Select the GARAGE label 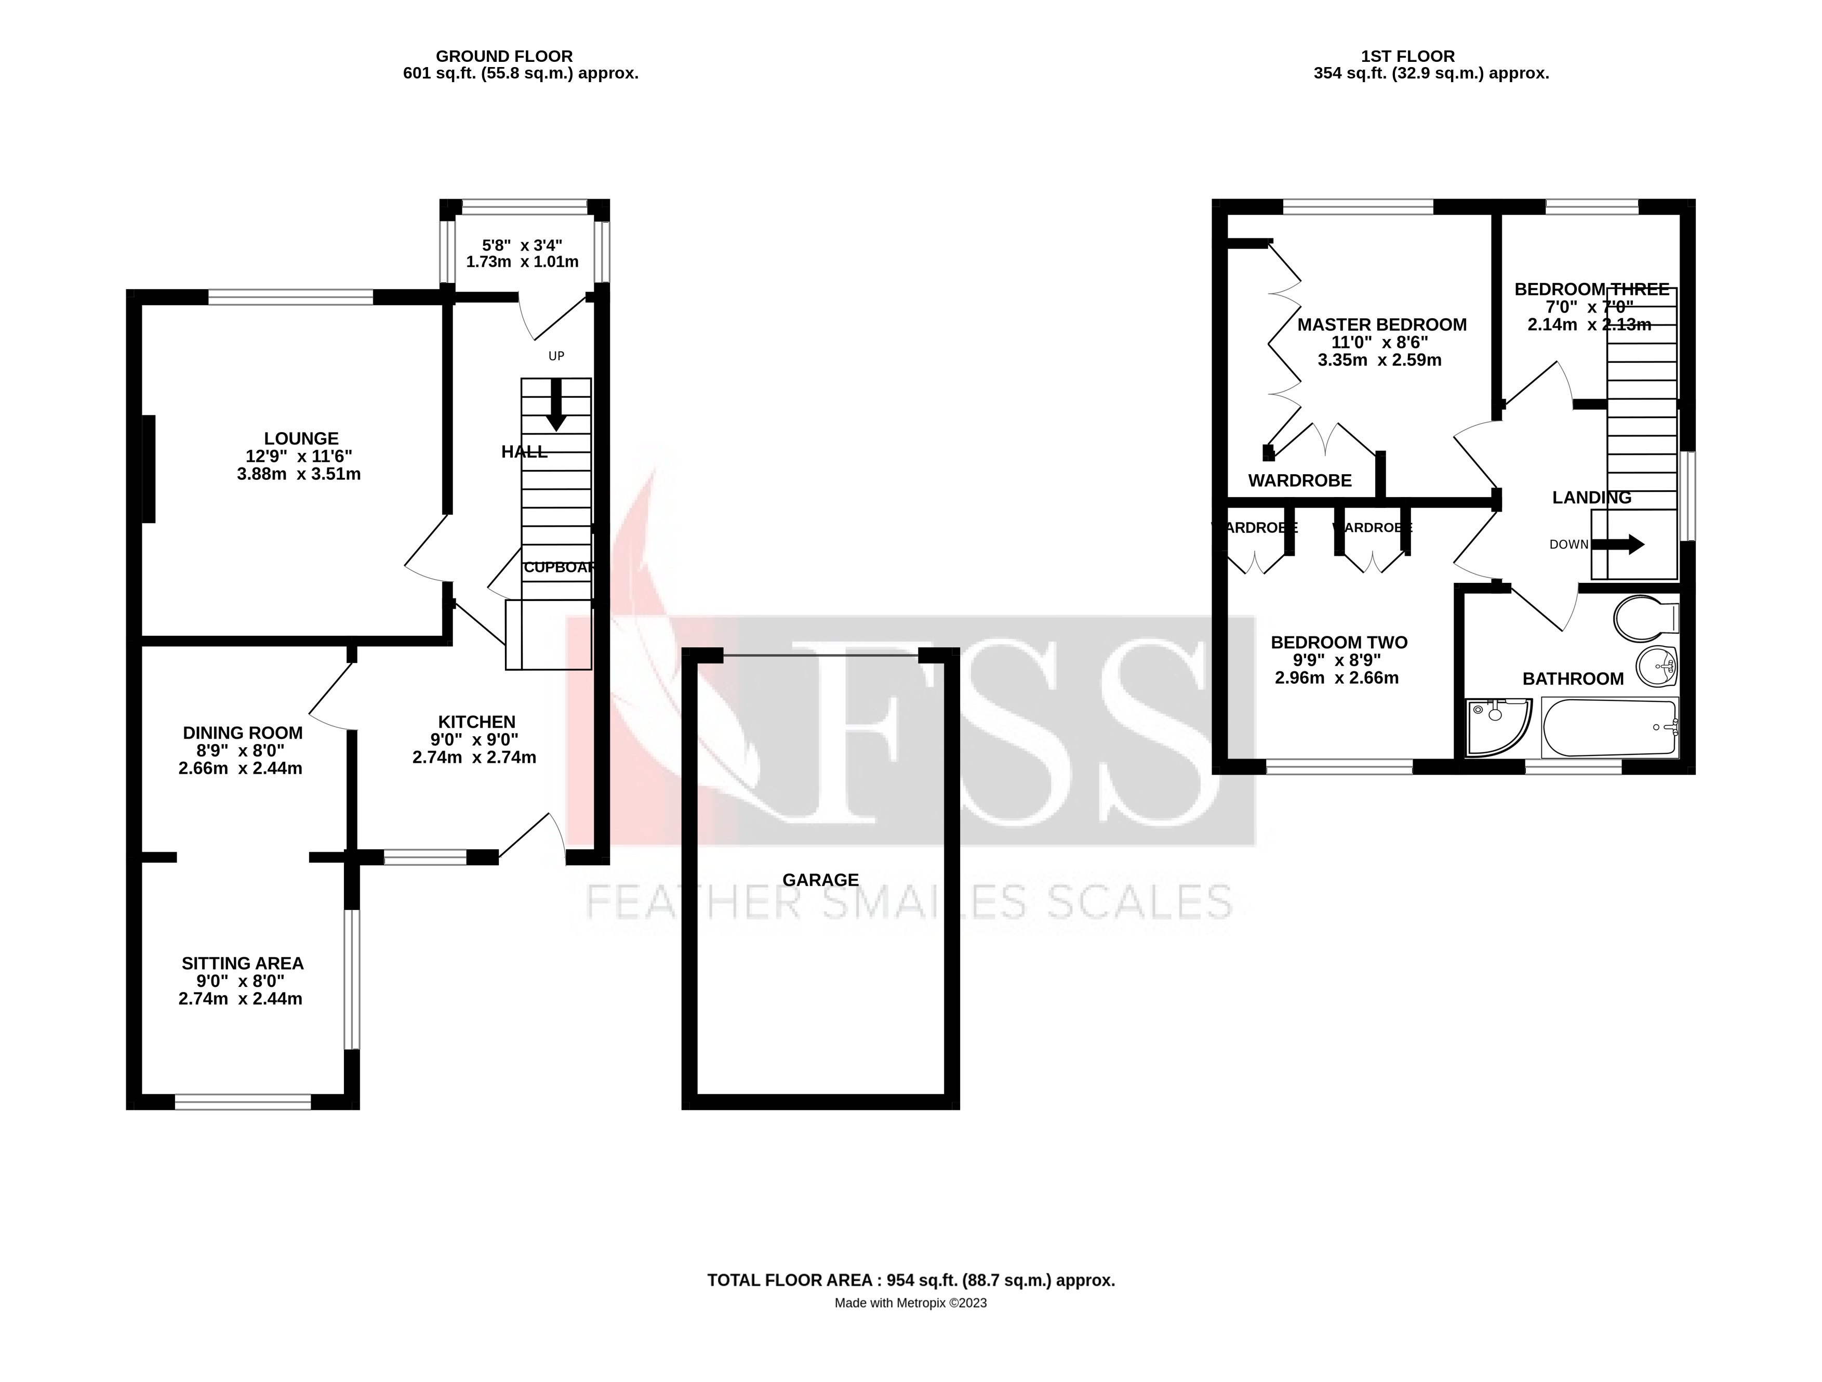(820, 880)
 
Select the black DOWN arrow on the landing (1618, 544)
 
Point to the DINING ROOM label (242, 733)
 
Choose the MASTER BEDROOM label (1381, 324)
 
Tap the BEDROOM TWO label (1338, 642)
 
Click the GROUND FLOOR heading (503, 56)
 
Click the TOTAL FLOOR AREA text (910, 1280)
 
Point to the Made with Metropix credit (910, 1303)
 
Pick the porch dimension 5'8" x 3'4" (522, 245)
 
